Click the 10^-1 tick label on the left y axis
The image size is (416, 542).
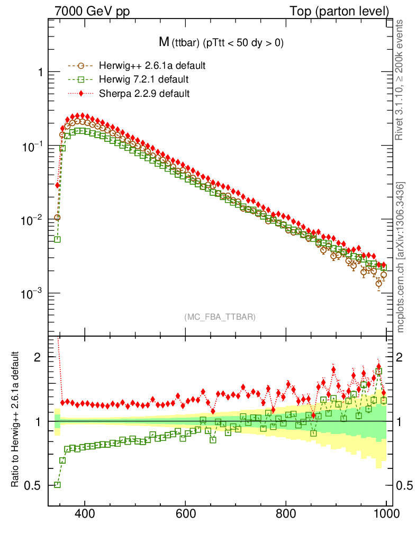coord(30,146)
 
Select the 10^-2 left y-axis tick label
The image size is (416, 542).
coord(30,220)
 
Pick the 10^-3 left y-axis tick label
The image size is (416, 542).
coord(30,294)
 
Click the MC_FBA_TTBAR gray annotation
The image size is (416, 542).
coord(220,317)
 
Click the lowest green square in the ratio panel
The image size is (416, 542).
coord(57,485)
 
